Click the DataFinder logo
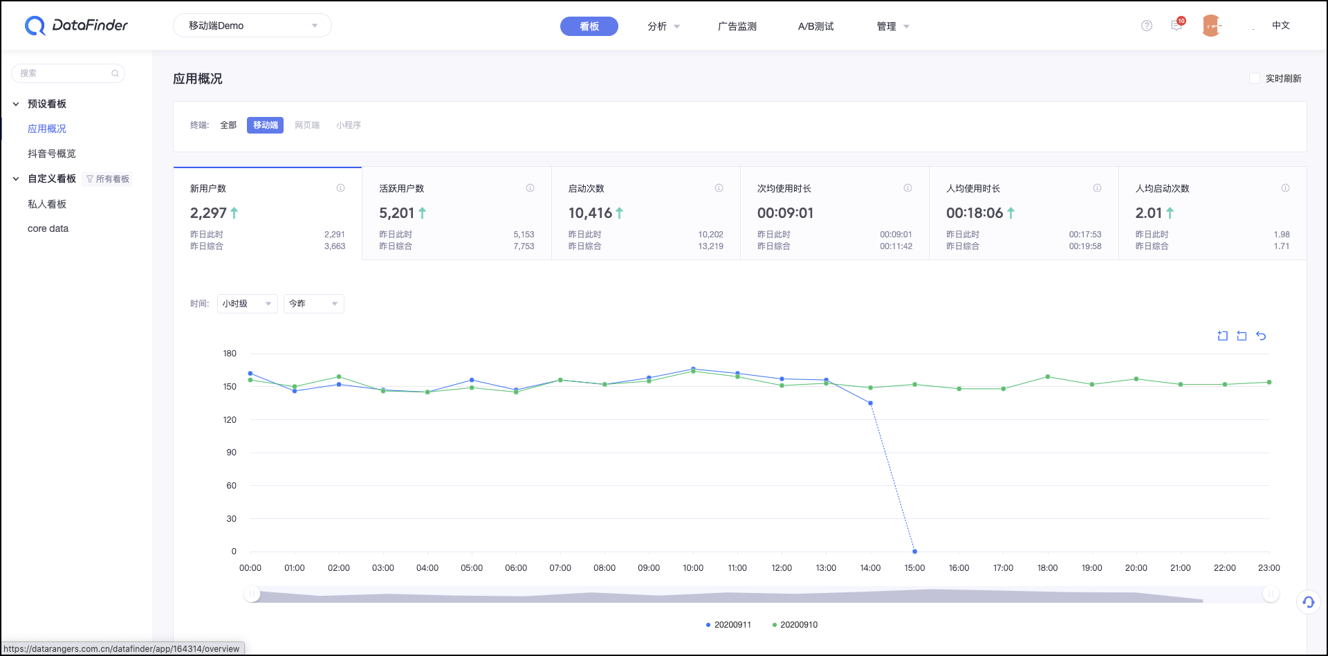76,26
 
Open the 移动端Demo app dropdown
252,26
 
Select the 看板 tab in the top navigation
589,26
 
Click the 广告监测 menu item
737,26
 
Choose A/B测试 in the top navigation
815,26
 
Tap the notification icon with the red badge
1177,25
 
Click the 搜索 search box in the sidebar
68,73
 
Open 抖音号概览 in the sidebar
52,154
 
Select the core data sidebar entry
48,228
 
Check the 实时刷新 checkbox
1254,78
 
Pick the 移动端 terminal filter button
265,125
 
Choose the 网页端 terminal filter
307,125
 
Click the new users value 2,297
208,213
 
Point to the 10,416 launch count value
590,213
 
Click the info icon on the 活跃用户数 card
530,188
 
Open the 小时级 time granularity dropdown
247,304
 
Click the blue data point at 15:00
914,552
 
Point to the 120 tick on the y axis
230,420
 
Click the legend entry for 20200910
795,625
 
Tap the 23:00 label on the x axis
1269,568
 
